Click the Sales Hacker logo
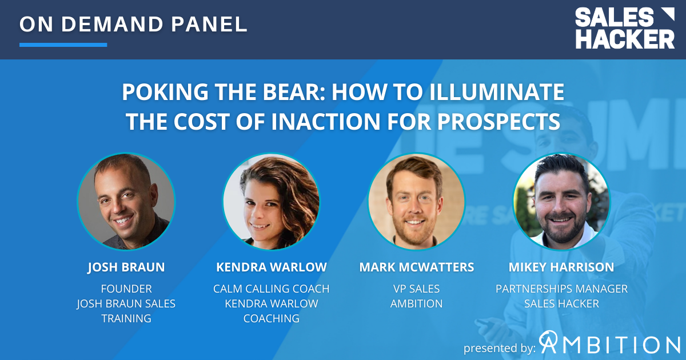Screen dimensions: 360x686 [624, 29]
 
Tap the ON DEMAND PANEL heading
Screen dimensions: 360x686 [133, 24]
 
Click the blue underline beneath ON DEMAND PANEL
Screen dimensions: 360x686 [63, 45]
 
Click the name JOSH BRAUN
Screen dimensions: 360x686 [126, 267]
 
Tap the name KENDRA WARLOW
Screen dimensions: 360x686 [272, 267]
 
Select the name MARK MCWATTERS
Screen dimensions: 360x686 [416, 267]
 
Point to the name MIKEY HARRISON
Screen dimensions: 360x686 [561, 267]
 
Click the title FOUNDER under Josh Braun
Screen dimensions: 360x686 [126, 289]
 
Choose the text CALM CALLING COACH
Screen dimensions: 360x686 [272, 289]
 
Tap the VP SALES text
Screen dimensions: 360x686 [416, 289]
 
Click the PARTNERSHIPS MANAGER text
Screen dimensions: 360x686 [561, 289]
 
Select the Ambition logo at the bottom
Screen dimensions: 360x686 [609, 344]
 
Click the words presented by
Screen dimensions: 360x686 [500, 347]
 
